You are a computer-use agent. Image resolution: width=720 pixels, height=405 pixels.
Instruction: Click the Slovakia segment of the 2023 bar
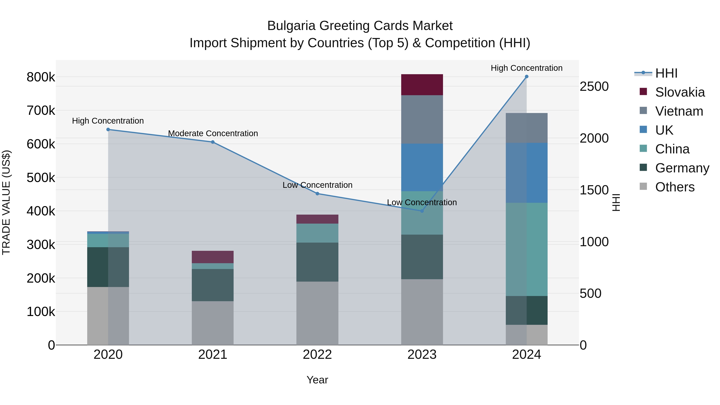[422, 85]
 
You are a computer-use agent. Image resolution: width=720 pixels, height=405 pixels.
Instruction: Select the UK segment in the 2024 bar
[526, 173]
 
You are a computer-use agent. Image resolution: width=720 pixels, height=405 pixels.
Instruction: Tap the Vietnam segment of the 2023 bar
[422, 119]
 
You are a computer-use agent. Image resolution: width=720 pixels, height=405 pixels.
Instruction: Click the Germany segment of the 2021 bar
[212, 285]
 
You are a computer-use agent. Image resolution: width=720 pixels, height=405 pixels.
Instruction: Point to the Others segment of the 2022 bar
[317, 313]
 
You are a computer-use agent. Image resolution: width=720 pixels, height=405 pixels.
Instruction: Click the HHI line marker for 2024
[526, 77]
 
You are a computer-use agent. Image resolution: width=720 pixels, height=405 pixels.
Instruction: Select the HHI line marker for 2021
[212, 142]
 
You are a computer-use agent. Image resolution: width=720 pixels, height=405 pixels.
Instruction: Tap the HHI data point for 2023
[422, 211]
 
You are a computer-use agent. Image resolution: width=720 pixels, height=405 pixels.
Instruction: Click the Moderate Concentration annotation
[213, 134]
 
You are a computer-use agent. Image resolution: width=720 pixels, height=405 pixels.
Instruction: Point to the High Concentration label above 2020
[108, 121]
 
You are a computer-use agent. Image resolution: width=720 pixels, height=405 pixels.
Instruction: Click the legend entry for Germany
[682, 168]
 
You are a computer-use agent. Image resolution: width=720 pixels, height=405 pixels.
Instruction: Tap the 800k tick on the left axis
[41, 77]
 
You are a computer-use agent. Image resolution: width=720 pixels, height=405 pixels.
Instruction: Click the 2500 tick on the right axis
[594, 86]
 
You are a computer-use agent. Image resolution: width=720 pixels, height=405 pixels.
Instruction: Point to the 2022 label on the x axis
[317, 355]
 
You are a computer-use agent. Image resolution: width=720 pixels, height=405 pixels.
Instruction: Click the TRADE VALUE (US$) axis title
[6, 202]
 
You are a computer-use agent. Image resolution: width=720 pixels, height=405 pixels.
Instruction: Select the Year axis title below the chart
[317, 380]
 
